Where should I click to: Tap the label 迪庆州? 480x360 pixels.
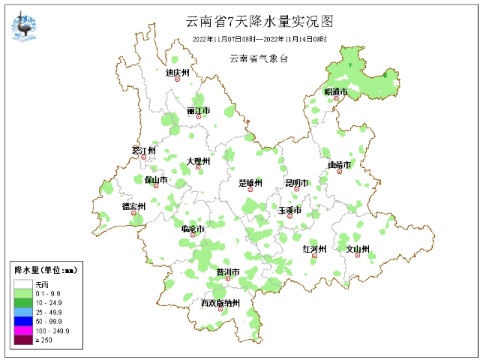(178, 73)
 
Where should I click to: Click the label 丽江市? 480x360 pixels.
(199, 111)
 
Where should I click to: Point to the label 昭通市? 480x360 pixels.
(336, 91)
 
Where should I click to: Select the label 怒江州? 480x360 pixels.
(143, 150)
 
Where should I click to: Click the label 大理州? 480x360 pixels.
(199, 160)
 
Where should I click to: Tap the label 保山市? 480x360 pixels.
(156, 180)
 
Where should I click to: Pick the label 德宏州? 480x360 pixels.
(133, 205)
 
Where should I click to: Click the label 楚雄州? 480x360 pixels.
(250, 183)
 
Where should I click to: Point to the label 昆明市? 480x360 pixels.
(296, 182)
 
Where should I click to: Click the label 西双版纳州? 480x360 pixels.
(220, 303)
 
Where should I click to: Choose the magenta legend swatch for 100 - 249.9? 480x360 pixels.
(22, 330)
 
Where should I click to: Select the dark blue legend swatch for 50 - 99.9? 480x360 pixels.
(22, 320)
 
